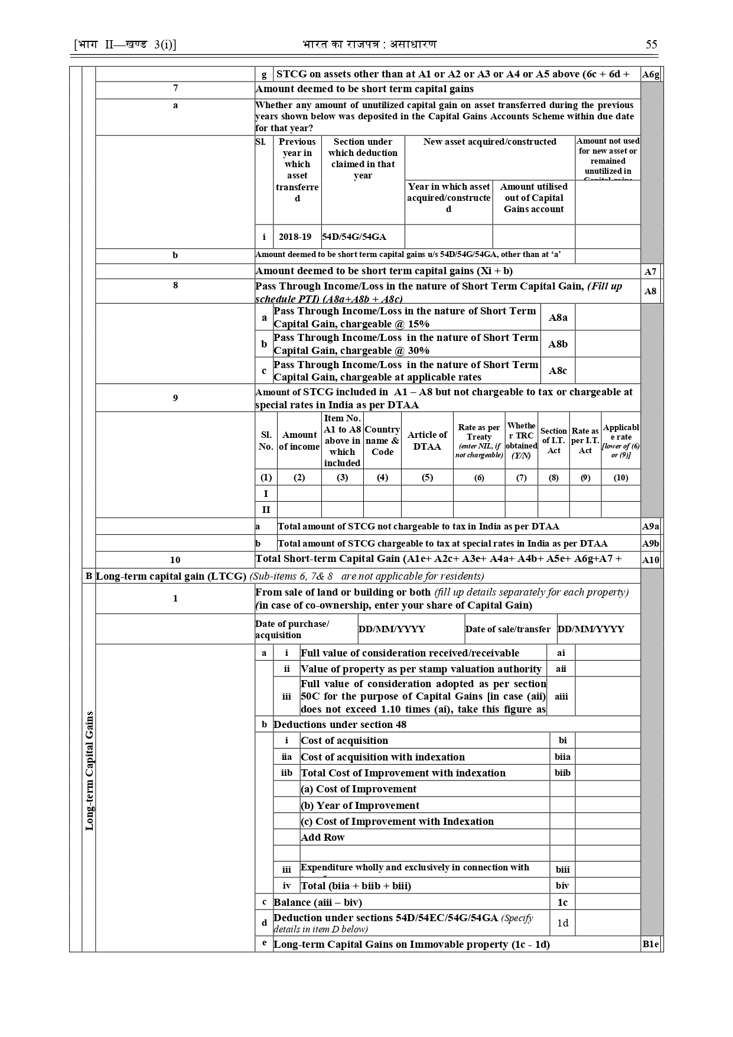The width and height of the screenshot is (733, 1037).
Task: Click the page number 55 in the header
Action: pyautogui.click(x=651, y=45)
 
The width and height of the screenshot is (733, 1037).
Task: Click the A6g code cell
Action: pyautogui.click(x=651, y=74)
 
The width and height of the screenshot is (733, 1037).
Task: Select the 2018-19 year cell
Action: pyautogui.click(x=295, y=237)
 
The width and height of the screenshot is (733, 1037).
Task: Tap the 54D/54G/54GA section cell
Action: pyautogui.click(x=354, y=237)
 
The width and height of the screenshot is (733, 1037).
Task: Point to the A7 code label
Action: pyautogui.click(x=650, y=272)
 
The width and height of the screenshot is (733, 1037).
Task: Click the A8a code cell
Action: pyautogui.click(x=558, y=317)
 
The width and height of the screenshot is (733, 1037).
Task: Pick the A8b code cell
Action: pyautogui.click(x=558, y=344)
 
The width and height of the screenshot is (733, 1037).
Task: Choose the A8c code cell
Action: pyautogui.click(x=558, y=370)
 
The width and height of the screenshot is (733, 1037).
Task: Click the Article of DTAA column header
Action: pyautogui.click(x=427, y=441)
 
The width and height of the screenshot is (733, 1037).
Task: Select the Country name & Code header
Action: pyautogui.click(x=382, y=441)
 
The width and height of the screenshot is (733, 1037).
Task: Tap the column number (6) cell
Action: pyautogui.click(x=479, y=477)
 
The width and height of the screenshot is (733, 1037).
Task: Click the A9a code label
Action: pyautogui.click(x=651, y=526)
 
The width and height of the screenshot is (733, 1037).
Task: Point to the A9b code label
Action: pyautogui.click(x=651, y=544)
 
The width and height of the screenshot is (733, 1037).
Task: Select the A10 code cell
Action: pyautogui.click(x=651, y=560)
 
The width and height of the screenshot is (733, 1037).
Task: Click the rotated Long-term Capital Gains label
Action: pyautogui.click(x=89, y=771)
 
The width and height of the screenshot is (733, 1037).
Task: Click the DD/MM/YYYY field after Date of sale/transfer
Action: pyautogui.click(x=591, y=629)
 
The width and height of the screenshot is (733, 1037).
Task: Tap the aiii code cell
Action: pyautogui.click(x=561, y=696)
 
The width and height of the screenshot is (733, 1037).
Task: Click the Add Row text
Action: pyautogui.click(x=322, y=837)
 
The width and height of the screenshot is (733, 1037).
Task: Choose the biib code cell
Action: pyautogui.click(x=562, y=773)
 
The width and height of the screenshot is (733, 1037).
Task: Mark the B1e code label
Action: pyautogui.click(x=650, y=944)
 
